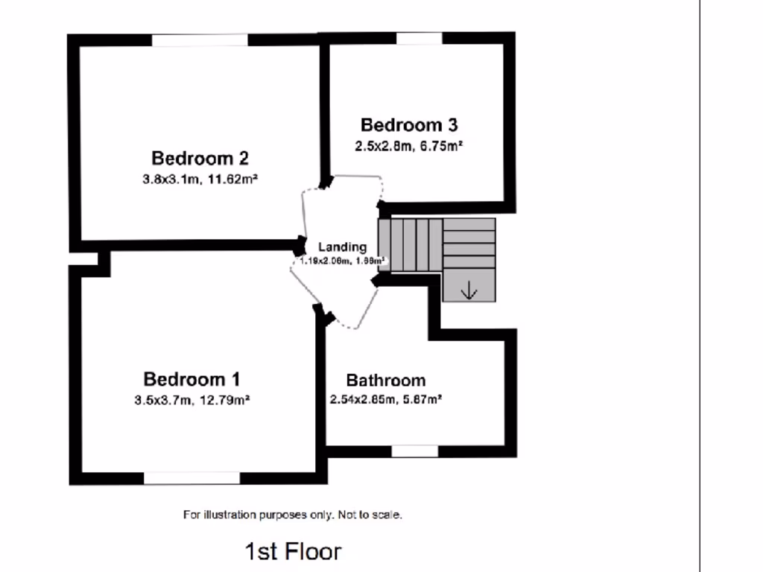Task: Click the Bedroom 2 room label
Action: (x=200, y=158)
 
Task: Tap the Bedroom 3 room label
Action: (x=408, y=124)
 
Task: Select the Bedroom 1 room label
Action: (x=191, y=378)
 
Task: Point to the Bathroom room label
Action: (x=385, y=381)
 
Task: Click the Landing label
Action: (x=342, y=247)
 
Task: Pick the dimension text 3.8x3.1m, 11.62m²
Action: (x=200, y=179)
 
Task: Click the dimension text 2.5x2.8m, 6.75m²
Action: (x=408, y=146)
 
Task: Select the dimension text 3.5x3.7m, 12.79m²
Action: (x=191, y=400)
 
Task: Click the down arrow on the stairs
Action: (x=469, y=291)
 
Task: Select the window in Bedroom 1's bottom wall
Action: (x=191, y=477)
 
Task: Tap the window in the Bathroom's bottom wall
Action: (x=415, y=451)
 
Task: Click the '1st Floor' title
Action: (x=293, y=551)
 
